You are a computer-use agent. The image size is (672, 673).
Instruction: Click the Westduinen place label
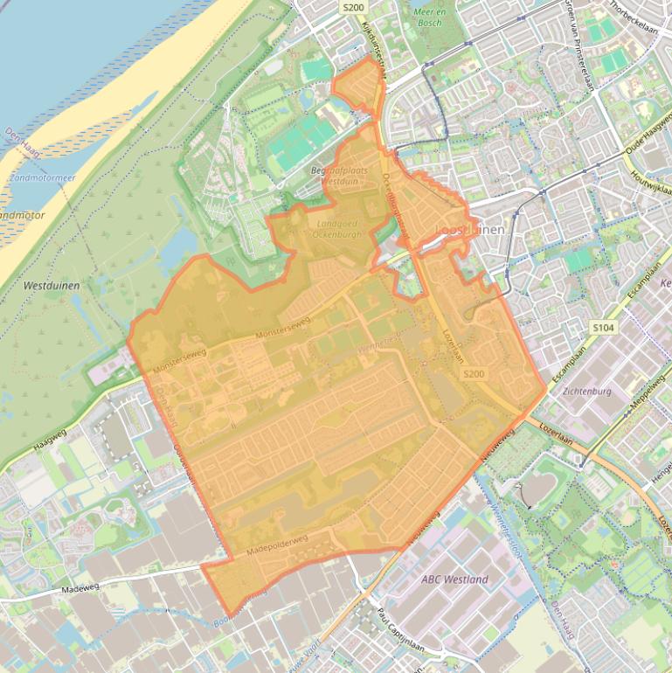(52, 286)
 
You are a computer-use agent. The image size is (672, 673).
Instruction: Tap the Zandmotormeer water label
(39, 177)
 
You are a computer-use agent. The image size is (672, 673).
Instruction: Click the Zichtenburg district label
(587, 391)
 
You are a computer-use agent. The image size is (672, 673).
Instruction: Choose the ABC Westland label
(454, 579)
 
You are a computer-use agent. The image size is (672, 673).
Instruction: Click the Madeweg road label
(82, 590)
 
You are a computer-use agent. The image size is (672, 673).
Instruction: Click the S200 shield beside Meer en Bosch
(352, 7)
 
